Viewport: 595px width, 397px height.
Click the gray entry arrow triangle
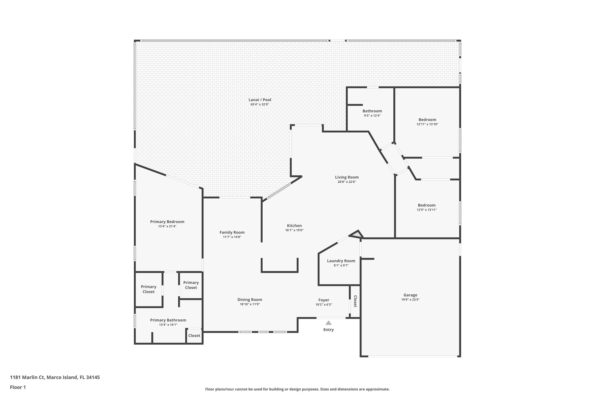328,323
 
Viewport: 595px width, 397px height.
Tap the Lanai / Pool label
260,100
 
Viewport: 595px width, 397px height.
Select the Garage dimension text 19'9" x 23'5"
410,300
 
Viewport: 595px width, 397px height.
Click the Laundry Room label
341,261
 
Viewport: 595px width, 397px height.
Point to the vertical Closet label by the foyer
355,301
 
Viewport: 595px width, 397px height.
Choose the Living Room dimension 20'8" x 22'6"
347,182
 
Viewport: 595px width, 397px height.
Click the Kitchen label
294,226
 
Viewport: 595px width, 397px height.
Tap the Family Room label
232,232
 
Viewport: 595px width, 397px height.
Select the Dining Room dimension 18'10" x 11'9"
250,304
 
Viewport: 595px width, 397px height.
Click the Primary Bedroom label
167,222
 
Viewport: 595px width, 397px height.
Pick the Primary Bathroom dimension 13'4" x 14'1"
168,325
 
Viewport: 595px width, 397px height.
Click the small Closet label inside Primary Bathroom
194,336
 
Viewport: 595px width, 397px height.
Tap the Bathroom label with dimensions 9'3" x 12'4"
372,111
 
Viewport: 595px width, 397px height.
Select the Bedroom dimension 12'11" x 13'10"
427,124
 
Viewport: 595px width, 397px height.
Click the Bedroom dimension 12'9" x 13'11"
426,210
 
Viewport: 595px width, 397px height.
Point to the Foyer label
324,300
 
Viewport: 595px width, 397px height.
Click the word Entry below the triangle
328,330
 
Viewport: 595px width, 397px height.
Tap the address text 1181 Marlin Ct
28,378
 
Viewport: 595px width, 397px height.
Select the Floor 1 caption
18,387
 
